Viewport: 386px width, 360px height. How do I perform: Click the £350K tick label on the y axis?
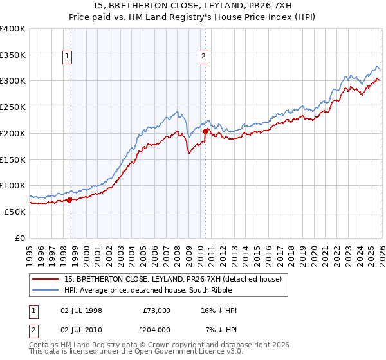pos(13,55)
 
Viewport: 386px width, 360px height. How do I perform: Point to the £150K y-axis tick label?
pos(13,159)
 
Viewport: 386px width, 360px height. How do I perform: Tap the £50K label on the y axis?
pos(15,212)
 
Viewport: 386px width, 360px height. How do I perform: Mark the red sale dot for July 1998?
pos(69,200)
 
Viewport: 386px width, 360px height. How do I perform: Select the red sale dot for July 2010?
pos(205,131)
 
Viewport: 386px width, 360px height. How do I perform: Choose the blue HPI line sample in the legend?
pos(45,290)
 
